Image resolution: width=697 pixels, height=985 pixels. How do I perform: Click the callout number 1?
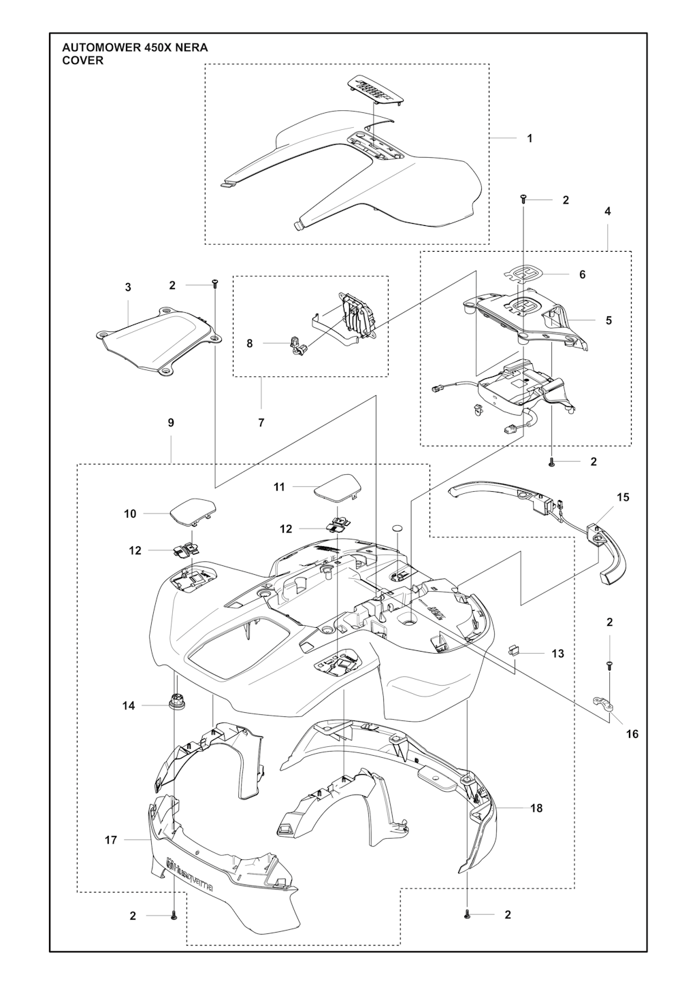(x=530, y=138)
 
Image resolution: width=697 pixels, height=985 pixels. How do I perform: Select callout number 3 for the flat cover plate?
(x=128, y=287)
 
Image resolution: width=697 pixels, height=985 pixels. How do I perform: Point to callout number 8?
(x=250, y=344)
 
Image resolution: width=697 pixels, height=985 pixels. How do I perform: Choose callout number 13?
(x=557, y=654)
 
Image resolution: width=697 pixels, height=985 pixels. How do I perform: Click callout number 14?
(x=129, y=705)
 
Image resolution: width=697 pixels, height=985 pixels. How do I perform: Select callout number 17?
(x=111, y=840)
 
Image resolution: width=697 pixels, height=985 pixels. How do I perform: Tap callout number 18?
(x=536, y=807)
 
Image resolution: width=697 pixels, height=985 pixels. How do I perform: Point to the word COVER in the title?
(x=83, y=61)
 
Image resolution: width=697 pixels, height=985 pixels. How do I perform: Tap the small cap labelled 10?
(x=193, y=510)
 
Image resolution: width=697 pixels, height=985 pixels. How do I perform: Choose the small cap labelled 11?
(x=339, y=487)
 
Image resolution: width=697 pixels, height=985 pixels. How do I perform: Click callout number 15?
(x=623, y=497)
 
